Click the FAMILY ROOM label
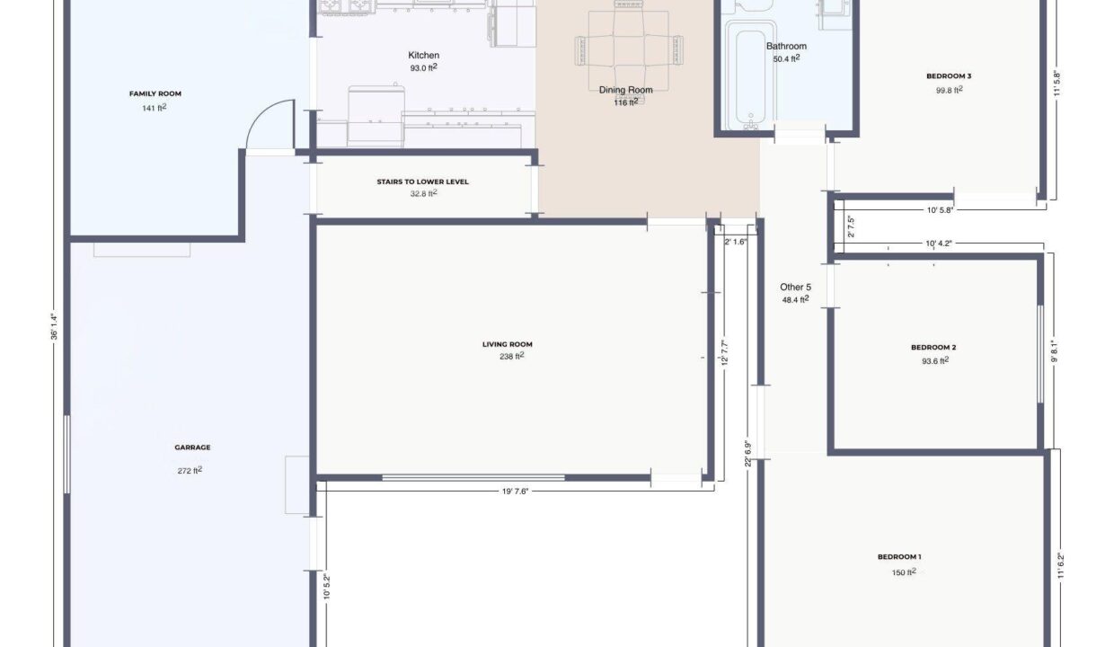[x=155, y=93]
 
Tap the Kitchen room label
[x=424, y=55]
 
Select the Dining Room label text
[x=625, y=90]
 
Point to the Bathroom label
[x=786, y=46]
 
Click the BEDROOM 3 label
[x=949, y=76]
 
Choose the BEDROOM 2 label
[x=933, y=347]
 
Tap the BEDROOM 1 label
[x=899, y=556]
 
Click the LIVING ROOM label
[x=508, y=344]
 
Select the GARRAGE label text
[x=192, y=448]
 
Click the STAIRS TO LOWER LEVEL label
[x=423, y=182]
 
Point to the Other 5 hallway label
[x=795, y=287]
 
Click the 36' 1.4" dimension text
[x=54, y=326]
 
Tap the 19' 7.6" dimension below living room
[x=516, y=492]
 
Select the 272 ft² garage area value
[x=190, y=470]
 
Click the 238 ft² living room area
[x=512, y=356]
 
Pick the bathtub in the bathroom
[x=750, y=75]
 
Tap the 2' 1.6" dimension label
[x=736, y=243]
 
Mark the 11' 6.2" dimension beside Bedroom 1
[x=1060, y=565]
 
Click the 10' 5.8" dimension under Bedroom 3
[x=940, y=210]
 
